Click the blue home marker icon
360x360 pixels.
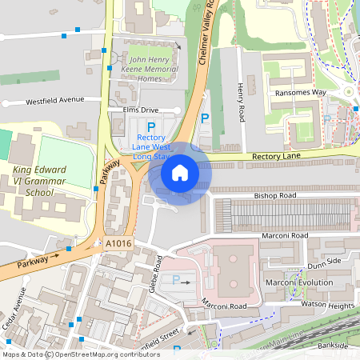180,173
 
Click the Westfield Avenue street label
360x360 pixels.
54,101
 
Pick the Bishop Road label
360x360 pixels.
274,195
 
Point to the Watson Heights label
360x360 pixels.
326,305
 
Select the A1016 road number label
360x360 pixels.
117,242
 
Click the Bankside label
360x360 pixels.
331,345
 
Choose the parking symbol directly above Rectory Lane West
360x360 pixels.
150,128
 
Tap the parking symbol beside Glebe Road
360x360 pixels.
176,280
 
